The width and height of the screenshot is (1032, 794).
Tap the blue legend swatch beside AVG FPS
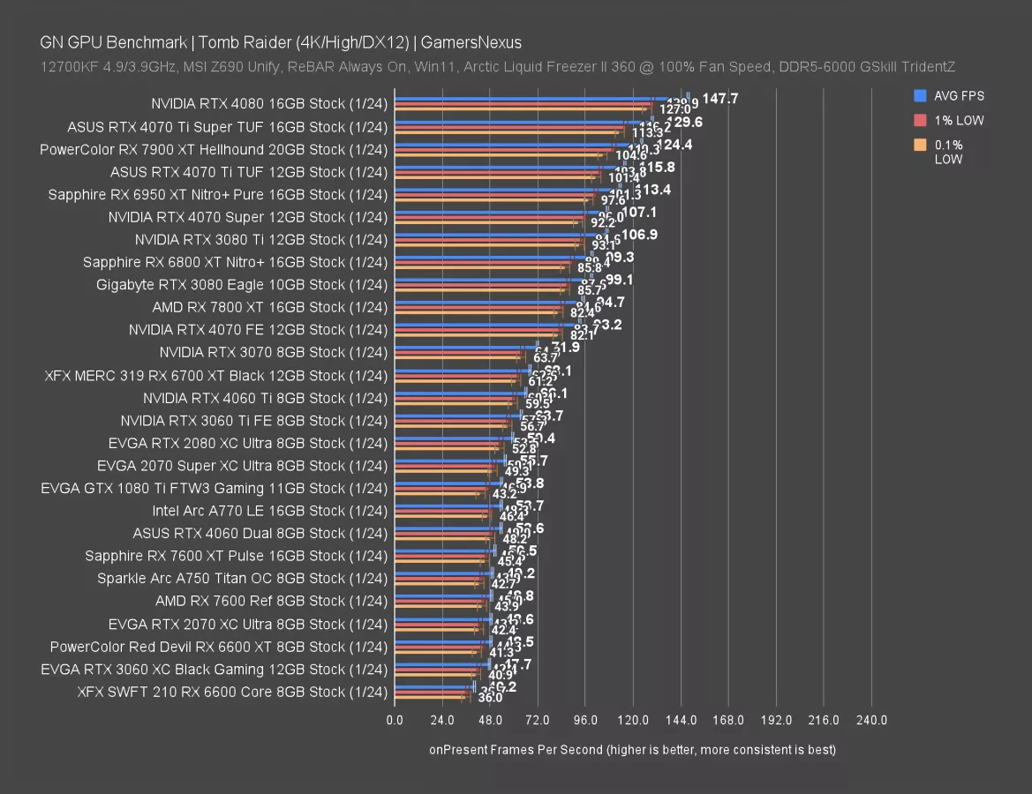(x=920, y=95)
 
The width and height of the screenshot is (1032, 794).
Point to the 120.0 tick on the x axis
(x=633, y=720)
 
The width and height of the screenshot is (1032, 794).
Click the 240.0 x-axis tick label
(x=871, y=720)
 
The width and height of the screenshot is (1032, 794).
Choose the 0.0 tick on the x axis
(x=395, y=720)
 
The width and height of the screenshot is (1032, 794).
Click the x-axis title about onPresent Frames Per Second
(x=632, y=750)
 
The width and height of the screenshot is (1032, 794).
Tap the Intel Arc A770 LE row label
(x=269, y=510)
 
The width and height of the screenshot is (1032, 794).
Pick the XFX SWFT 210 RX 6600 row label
(x=232, y=692)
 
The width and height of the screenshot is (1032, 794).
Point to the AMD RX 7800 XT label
(x=269, y=307)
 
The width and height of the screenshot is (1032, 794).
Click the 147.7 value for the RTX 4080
(x=720, y=98)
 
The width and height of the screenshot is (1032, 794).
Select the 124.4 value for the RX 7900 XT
(x=674, y=144)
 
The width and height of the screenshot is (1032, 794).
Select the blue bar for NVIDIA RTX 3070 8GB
(x=463, y=346)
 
